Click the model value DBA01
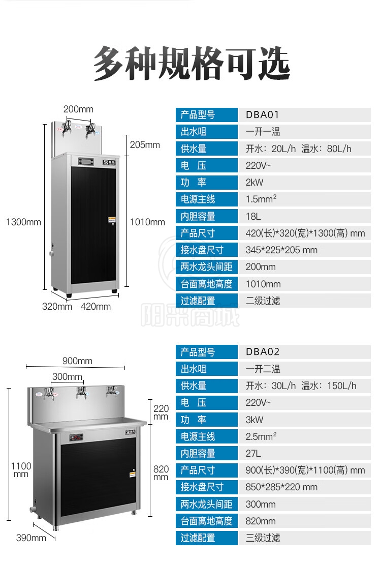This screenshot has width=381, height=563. click(x=263, y=115)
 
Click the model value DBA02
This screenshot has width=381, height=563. click(x=263, y=352)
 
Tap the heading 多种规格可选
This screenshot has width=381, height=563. click(x=192, y=64)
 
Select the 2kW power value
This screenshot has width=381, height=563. click(x=255, y=183)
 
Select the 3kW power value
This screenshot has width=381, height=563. click(x=255, y=420)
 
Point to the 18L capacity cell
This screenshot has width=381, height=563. click(x=253, y=216)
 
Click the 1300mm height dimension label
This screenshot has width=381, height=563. click(x=23, y=222)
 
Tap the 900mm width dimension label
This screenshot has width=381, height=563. click(x=77, y=361)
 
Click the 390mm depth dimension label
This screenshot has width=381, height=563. click(x=31, y=538)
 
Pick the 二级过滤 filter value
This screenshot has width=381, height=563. click(x=263, y=301)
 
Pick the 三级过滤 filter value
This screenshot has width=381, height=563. click(x=263, y=538)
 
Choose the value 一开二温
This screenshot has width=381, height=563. click(x=263, y=369)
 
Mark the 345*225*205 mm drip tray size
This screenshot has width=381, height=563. click(x=281, y=250)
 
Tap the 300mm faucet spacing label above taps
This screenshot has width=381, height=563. click(x=68, y=377)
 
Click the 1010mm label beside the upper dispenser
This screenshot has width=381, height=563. click(x=148, y=222)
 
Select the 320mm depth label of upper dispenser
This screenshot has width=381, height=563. click(x=57, y=306)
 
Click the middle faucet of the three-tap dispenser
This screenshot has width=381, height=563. click(x=81, y=392)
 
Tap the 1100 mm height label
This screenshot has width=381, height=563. click(x=21, y=469)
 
